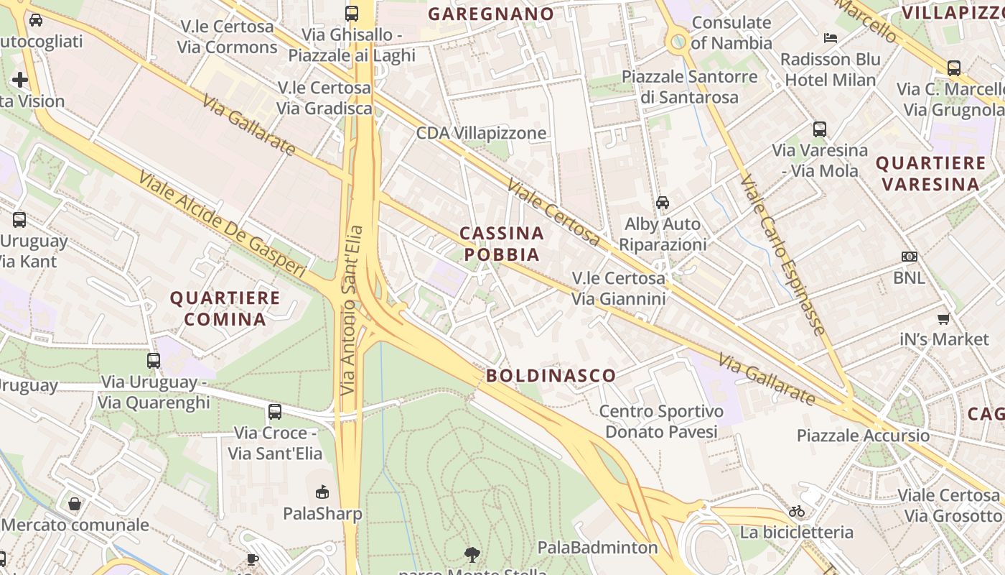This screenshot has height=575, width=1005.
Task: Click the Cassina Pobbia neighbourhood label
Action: point(501,244)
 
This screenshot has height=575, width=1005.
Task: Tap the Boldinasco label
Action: point(551,375)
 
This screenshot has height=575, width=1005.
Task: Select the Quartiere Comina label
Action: point(225,308)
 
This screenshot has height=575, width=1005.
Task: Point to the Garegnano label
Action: point(491,14)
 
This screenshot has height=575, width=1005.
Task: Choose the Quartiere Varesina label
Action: point(931,173)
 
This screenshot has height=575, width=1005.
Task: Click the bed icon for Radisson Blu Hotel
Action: point(831,37)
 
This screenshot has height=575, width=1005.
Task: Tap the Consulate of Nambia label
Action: point(731,32)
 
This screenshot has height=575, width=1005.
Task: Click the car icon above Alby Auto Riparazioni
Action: point(663,203)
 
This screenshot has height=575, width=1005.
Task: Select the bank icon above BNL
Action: point(910,257)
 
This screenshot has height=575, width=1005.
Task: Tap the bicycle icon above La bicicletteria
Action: point(797,511)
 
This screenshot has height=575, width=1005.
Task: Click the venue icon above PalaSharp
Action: point(322,492)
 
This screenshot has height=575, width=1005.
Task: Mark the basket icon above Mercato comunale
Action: point(75,504)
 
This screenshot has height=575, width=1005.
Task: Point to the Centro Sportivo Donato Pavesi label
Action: point(661,421)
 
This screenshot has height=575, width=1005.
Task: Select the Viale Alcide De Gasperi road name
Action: point(223,224)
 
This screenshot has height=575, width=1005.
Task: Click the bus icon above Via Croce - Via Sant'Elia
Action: point(275,412)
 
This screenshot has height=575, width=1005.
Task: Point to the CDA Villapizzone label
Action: point(481,133)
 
